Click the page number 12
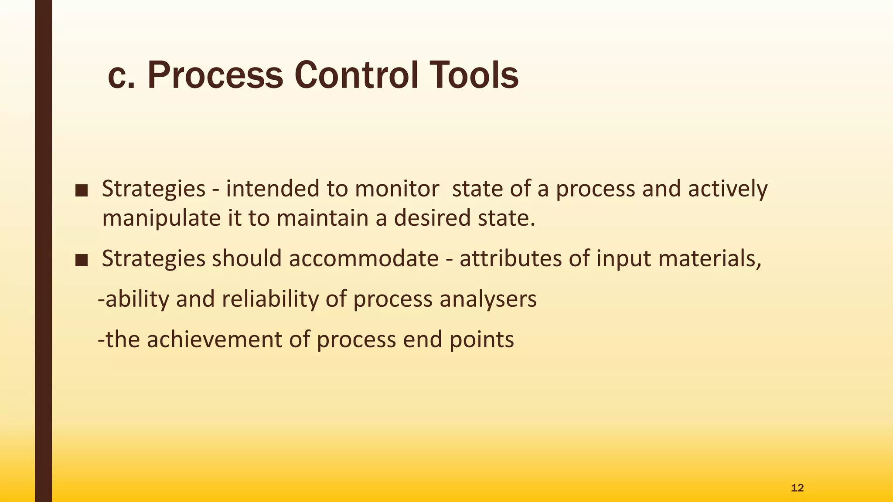pyautogui.click(x=797, y=488)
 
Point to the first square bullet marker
pyautogui.click(x=82, y=190)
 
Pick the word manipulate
pyautogui.click(x=161, y=218)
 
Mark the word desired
pyautogui.click(x=432, y=217)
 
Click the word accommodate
pyautogui.click(x=363, y=258)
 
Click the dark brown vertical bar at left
pyautogui.click(x=43, y=251)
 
